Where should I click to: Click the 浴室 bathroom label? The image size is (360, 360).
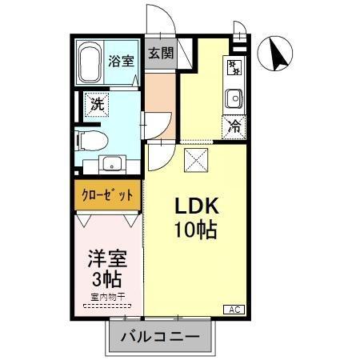(122, 60)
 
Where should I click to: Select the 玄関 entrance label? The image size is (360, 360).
(161, 54)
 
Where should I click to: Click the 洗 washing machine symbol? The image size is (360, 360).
(97, 103)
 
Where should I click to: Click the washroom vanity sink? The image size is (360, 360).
(111, 166)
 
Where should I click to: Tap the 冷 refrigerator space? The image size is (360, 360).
(234, 125)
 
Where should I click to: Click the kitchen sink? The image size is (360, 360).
(234, 98)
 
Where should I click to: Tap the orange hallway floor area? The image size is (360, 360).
(160, 94)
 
